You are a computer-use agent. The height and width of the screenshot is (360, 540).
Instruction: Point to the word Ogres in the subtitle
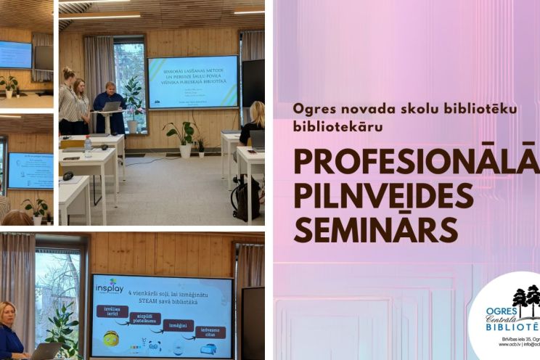coord(311,108)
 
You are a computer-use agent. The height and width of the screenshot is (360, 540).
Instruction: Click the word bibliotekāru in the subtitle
coord(337,126)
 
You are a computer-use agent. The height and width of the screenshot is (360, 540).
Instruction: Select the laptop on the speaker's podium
coord(112,106)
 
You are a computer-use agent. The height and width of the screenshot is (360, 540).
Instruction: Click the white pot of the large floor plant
coord(186,150)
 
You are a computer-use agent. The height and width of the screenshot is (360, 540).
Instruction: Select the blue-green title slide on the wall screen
coord(192,82)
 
